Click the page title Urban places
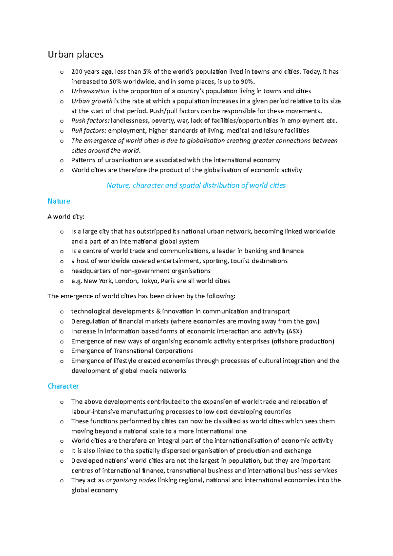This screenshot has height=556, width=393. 76,54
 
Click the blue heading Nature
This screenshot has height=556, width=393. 59,201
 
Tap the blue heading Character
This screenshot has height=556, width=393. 63,386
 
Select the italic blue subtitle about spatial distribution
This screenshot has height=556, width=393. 196,185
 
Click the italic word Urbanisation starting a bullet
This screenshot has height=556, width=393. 90,91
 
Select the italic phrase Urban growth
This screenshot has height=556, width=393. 92,101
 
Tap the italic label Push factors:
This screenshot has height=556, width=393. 90,120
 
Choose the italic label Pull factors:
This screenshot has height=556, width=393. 89,131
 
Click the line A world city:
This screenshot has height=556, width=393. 66,216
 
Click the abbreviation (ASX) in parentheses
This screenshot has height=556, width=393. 294,331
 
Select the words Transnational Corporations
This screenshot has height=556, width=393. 153,351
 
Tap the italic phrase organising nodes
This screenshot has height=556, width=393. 131,480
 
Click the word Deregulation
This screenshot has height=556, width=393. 90,321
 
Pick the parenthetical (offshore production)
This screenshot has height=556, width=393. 303,341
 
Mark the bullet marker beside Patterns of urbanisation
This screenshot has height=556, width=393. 62,160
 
